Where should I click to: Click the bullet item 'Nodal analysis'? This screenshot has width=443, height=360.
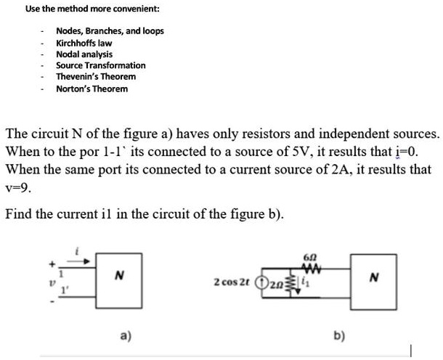pyautogui.click(x=84, y=54)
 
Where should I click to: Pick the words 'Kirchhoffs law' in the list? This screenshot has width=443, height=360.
pyautogui.click(x=84, y=43)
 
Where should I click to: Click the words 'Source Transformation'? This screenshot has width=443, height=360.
pyautogui.click(x=101, y=65)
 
